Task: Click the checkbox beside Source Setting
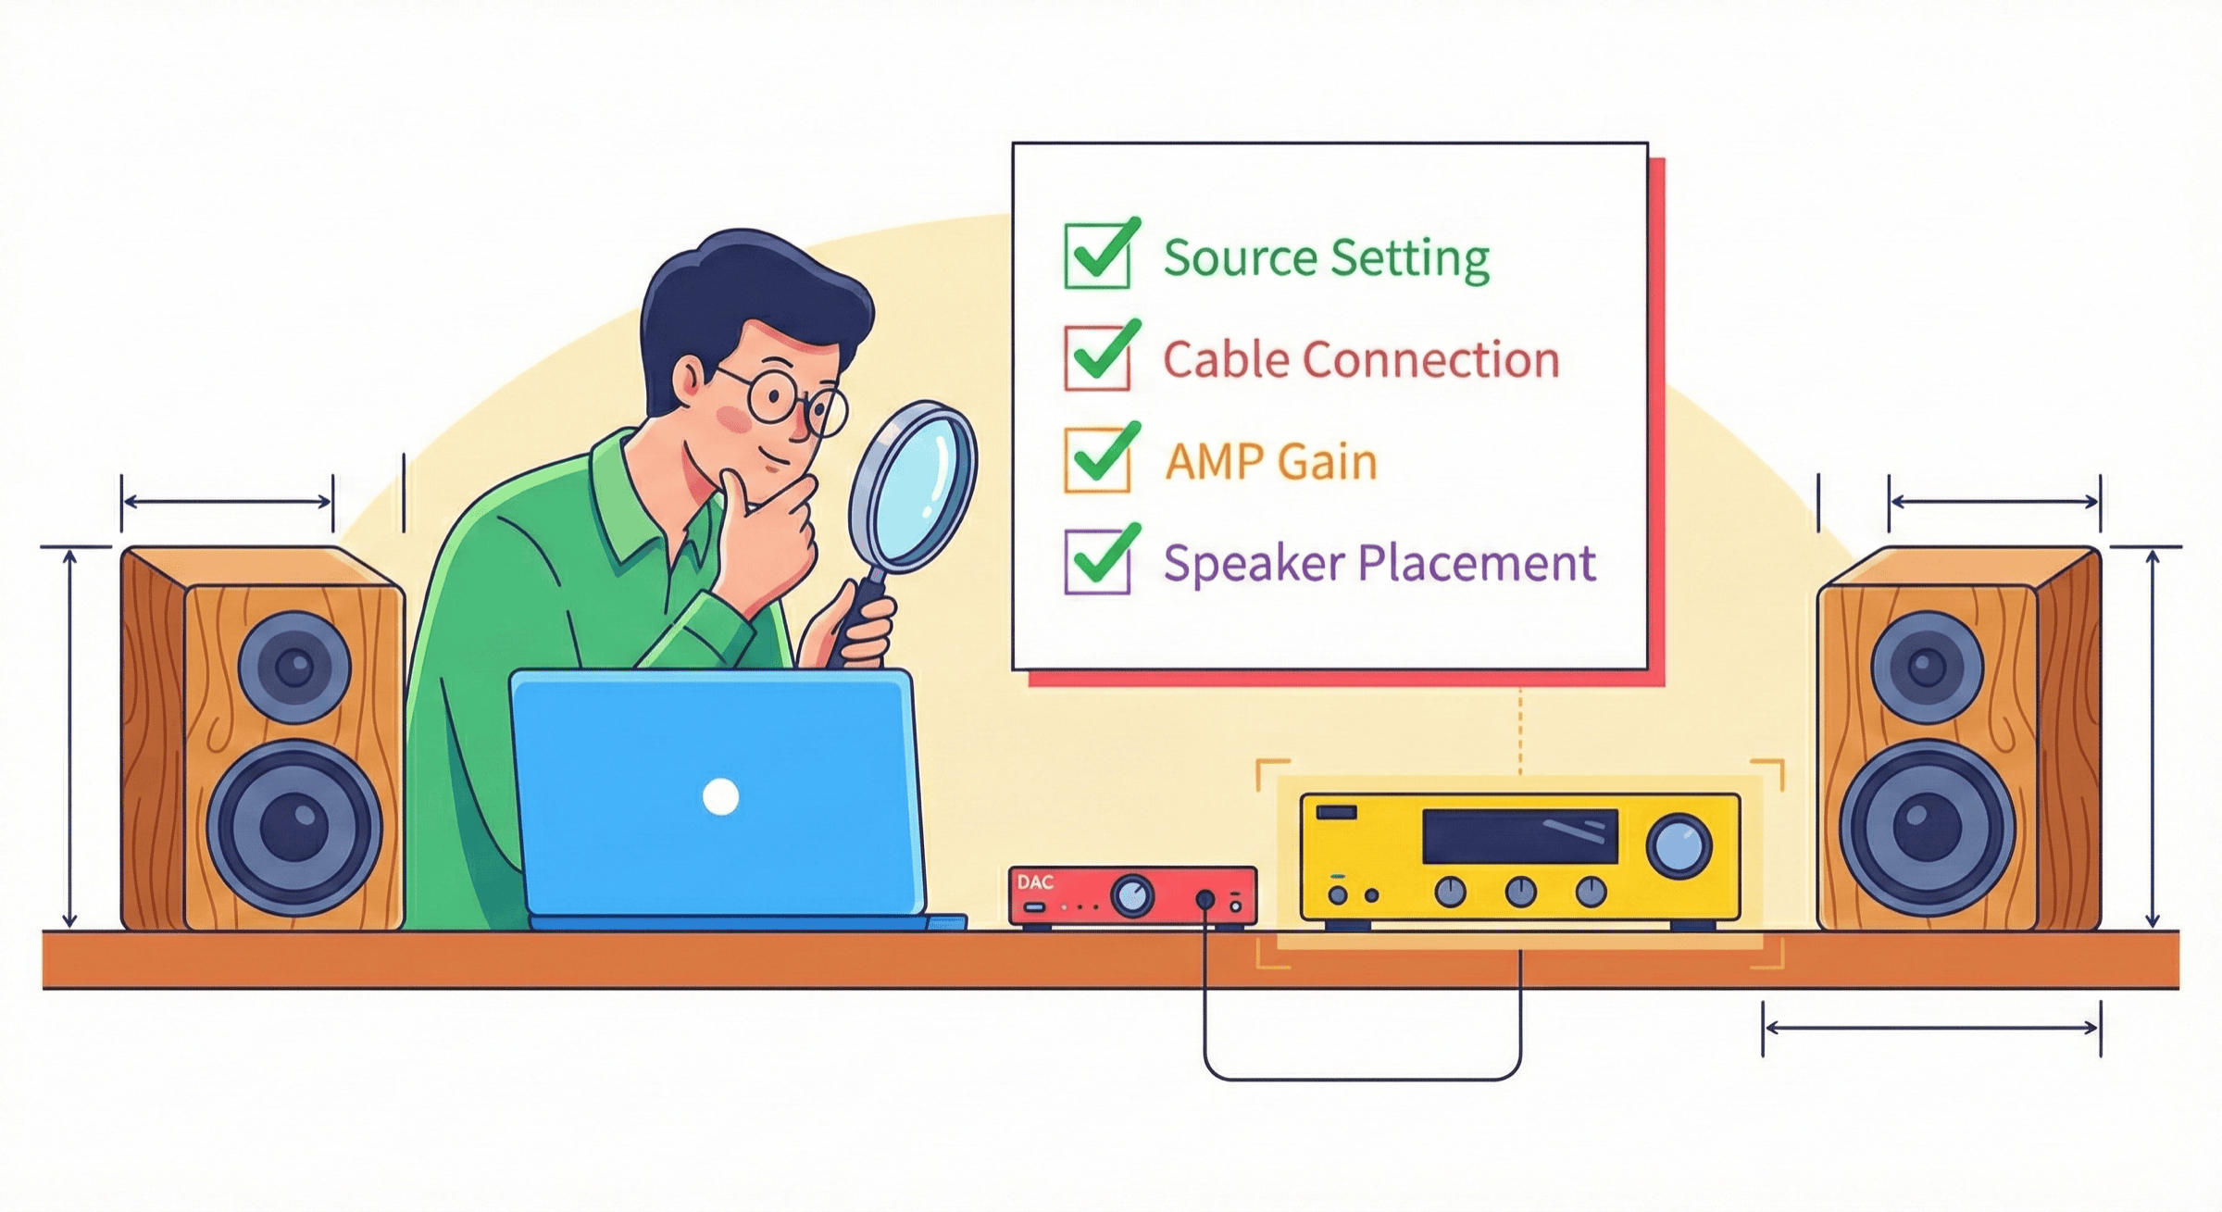click(1097, 256)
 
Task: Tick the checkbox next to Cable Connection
click(1097, 358)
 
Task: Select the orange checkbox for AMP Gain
click(1097, 460)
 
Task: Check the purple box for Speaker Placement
click(1097, 561)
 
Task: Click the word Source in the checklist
click(1239, 257)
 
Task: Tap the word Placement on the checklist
click(1477, 563)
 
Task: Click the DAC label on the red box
click(1035, 882)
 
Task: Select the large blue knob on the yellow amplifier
click(1679, 845)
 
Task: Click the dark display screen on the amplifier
click(1520, 836)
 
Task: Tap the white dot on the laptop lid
click(720, 796)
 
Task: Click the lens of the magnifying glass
click(913, 487)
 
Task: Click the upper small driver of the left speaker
click(294, 667)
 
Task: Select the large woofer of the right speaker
click(1927, 827)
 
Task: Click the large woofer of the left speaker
click(294, 827)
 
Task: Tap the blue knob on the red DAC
click(1132, 896)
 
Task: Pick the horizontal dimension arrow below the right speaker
click(1931, 1028)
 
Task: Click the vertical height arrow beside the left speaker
click(69, 738)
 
